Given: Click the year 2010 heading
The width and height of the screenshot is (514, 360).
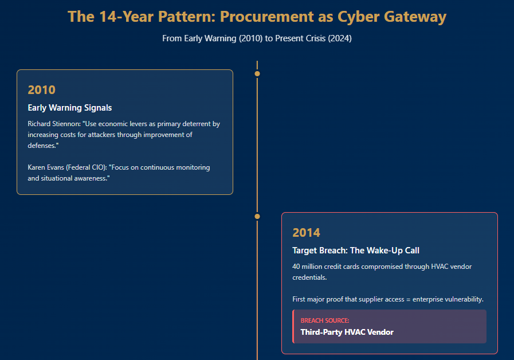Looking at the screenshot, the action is coord(42,90).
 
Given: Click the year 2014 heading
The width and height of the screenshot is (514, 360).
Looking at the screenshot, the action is coord(306,233).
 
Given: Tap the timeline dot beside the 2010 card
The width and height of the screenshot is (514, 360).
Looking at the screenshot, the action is coord(257,74).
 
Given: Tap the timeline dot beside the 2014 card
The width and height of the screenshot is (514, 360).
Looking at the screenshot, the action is coord(257,216).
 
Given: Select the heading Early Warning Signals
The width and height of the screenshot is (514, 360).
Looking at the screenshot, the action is coord(70,108).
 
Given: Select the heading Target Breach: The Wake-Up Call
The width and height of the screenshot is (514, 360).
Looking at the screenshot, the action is coord(356,251).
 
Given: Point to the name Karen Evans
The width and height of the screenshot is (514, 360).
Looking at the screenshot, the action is coord(46,167).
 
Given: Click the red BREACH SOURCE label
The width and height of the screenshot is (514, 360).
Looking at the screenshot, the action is coord(325,320).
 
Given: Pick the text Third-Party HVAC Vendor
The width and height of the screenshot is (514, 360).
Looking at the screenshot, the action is coord(347,332).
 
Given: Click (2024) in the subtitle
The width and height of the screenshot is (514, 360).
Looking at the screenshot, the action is coord(340,38).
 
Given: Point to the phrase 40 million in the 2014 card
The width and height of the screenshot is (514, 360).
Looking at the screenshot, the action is coord(307,267).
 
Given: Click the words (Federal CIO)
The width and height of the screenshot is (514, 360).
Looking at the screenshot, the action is coord(87,167).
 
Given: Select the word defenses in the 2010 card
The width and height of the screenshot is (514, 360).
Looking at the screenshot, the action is coord(42,146).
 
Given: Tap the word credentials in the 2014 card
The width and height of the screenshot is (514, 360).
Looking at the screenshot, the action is coord(309,277).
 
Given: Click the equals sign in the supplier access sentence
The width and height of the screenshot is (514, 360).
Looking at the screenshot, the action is coord(409,299).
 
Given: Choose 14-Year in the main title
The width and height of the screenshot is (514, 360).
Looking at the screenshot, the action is coord(127,17).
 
